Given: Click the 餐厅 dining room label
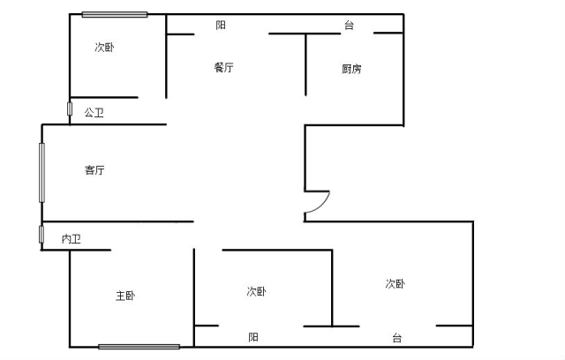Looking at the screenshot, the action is pyautogui.click(x=223, y=67).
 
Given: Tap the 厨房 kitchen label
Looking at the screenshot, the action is pyautogui.click(x=351, y=69).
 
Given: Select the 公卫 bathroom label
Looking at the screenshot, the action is pyautogui.click(x=94, y=113).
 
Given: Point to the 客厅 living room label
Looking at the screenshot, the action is pyautogui.click(x=94, y=170).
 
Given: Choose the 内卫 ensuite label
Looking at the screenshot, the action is pyautogui.click(x=71, y=239).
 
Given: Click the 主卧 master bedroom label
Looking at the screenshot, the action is pyautogui.click(x=125, y=296).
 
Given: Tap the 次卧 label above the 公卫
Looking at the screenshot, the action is pyautogui.click(x=104, y=47).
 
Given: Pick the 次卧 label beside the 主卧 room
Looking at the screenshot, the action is pyautogui.click(x=257, y=291).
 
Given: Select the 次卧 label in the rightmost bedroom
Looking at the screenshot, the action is pyautogui.click(x=395, y=284).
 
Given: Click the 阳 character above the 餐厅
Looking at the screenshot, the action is pyautogui.click(x=221, y=26).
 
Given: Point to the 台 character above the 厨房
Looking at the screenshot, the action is pyautogui.click(x=349, y=26).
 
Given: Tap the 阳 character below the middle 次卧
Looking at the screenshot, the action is pyautogui.click(x=253, y=337).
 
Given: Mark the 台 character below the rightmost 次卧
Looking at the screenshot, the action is pyautogui.click(x=396, y=338).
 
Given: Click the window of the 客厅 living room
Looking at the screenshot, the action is pyautogui.click(x=41, y=172).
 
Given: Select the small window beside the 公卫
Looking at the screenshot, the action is pyautogui.click(x=70, y=109).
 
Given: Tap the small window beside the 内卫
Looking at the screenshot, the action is pyautogui.click(x=41, y=235).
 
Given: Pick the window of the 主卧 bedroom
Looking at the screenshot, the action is pyautogui.click(x=139, y=347).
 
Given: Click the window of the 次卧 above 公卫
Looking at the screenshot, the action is pyautogui.click(x=115, y=14).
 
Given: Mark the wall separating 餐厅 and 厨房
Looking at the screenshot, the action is pyautogui.click(x=305, y=64).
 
